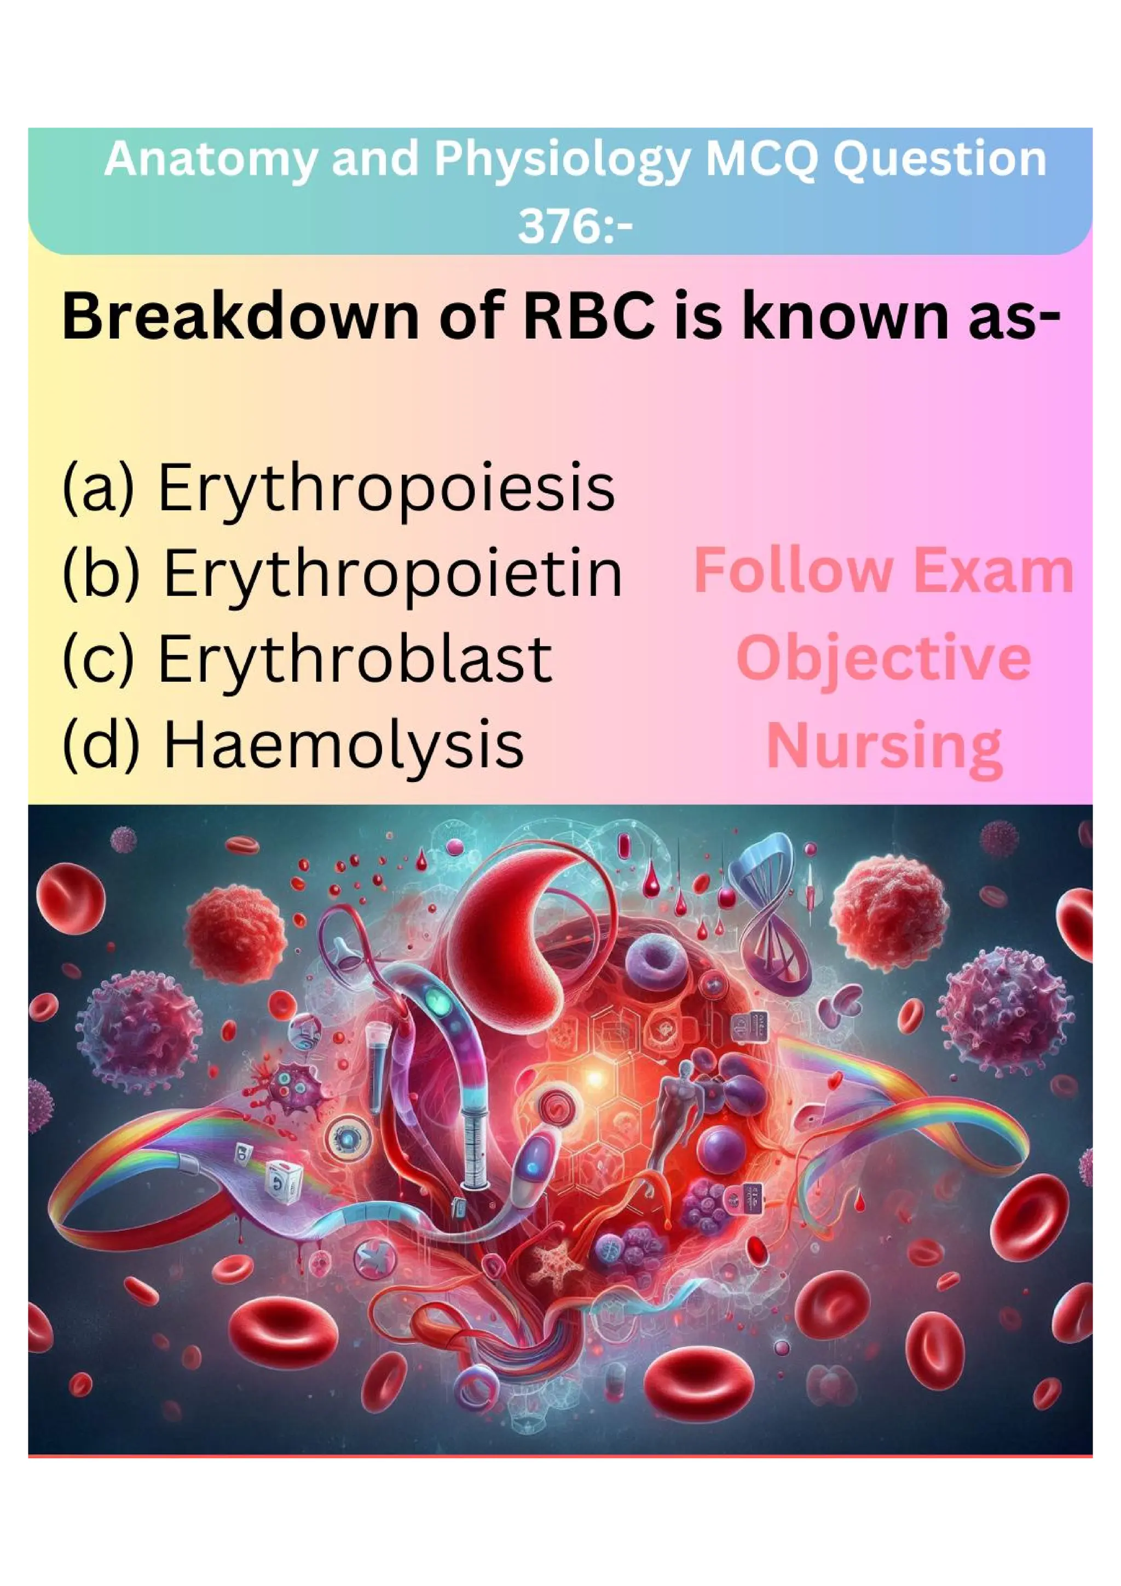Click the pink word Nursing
coord(884,746)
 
